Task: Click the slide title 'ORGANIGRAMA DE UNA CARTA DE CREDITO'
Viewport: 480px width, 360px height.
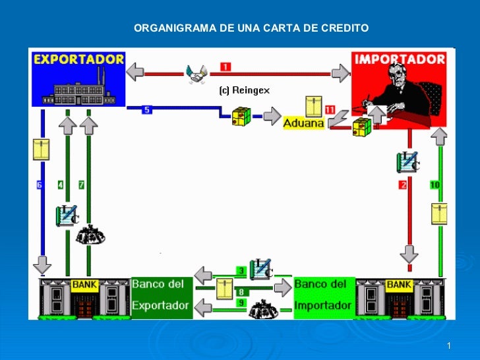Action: [251, 28]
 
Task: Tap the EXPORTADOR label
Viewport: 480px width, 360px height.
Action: [78, 59]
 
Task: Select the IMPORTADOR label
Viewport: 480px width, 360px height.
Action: [400, 59]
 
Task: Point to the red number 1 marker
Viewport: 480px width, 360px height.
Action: [225, 67]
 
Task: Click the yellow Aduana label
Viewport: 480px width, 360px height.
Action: [303, 123]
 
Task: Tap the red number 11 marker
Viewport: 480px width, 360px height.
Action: [330, 109]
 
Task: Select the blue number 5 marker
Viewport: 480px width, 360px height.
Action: [147, 109]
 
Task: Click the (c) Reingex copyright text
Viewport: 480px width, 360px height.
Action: [244, 90]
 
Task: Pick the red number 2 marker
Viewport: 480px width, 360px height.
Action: [403, 185]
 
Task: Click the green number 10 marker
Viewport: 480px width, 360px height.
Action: [435, 185]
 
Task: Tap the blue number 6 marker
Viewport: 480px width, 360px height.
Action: [40, 185]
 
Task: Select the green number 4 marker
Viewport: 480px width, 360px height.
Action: [61, 185]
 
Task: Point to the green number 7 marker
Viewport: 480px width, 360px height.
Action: [81, 185]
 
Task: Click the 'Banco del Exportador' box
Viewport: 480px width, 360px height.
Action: [162, 295]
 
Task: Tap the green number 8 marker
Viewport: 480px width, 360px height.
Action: [241, 291]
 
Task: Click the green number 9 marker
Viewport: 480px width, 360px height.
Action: [241, 303]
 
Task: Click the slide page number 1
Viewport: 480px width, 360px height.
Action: [448, 346]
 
